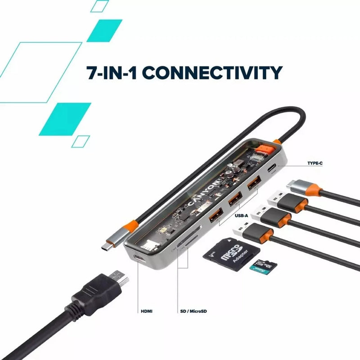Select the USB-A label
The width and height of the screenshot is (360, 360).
click(242, 216)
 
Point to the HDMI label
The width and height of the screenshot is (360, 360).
click(147, 310)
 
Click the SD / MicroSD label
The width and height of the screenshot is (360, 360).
click(193, 310)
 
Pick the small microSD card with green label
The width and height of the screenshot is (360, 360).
click(263, 266)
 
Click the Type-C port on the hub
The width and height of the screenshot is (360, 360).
click(272, 170)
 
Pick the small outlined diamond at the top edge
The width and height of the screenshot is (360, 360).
click(99, 6)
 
